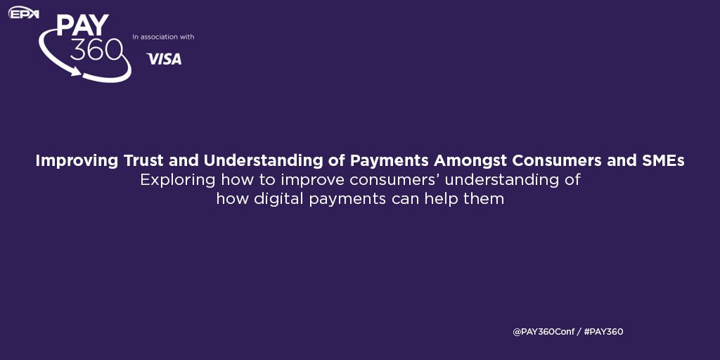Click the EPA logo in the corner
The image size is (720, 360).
point(23,13)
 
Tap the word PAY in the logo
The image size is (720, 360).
point(82,26)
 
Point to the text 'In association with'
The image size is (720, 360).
point(163,37)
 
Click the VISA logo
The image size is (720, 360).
point(164,59)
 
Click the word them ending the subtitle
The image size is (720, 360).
point(488,199)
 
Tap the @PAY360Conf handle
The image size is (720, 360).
point(542,332)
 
